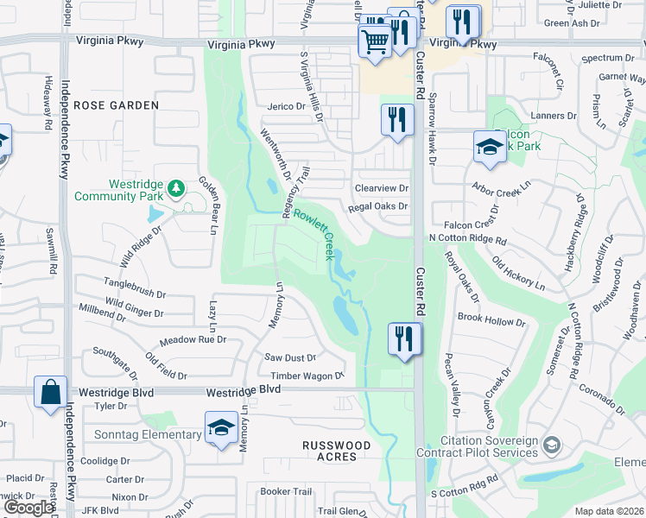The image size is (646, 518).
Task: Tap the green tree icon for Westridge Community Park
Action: click(x=176, y=187)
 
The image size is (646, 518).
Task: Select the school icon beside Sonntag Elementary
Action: click(x=221, y=427)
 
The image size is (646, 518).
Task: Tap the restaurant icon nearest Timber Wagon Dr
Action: click(x=404, y=338)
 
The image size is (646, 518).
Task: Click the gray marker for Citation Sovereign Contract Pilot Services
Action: click(x=551, y=445)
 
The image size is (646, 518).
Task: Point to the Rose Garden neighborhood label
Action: click(x=117, y=105)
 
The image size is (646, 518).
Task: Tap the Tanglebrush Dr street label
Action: click(x=134, y=282)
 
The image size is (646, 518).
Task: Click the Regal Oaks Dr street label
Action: click(x=377, y=207)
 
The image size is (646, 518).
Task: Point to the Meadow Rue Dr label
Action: click(x=192, y=339)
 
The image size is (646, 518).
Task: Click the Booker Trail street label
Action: click(x=286, y=491)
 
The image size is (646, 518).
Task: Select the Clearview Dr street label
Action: click(x=381, y=187)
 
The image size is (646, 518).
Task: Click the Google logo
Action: click(x=28, y=508)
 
